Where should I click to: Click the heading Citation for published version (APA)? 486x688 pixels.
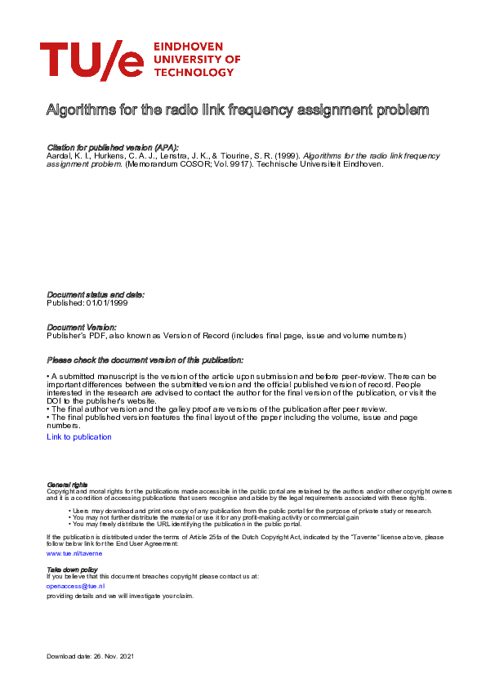[x=113, y=146]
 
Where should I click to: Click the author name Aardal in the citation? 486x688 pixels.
[x=60, y=154]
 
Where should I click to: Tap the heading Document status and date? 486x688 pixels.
[x=96, y=294]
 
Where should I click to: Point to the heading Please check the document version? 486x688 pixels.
[x=145, y=360]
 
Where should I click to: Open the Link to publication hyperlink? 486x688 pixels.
[x=79, y=437]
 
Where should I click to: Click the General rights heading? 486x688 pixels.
[x=67, y=485]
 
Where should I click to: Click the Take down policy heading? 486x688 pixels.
[x=72, y=569]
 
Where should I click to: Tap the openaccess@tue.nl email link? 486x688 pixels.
[x=75, y=586]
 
